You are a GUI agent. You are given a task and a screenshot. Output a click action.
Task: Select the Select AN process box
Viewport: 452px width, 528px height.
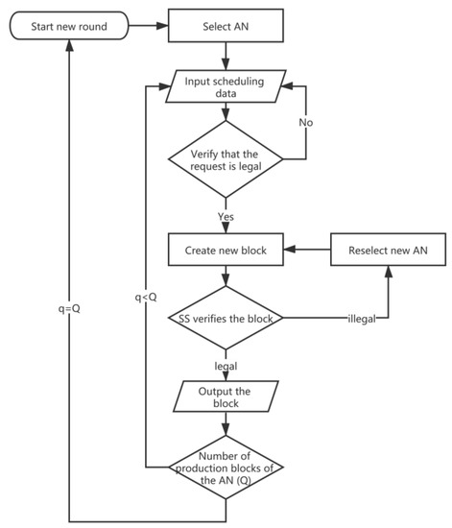(x=226, y=24)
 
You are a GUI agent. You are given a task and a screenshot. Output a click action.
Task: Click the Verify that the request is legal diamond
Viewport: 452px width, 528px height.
(x=226, y=157)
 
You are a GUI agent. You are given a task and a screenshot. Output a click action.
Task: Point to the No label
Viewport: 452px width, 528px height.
(x=304, y=123)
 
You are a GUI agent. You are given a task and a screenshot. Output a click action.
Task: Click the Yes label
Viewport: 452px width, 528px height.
(x=226, y=216)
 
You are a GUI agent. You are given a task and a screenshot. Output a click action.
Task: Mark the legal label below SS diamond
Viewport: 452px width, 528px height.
(x=226, y=366)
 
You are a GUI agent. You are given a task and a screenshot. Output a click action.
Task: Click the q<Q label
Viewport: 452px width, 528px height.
(x=146, y=297)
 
